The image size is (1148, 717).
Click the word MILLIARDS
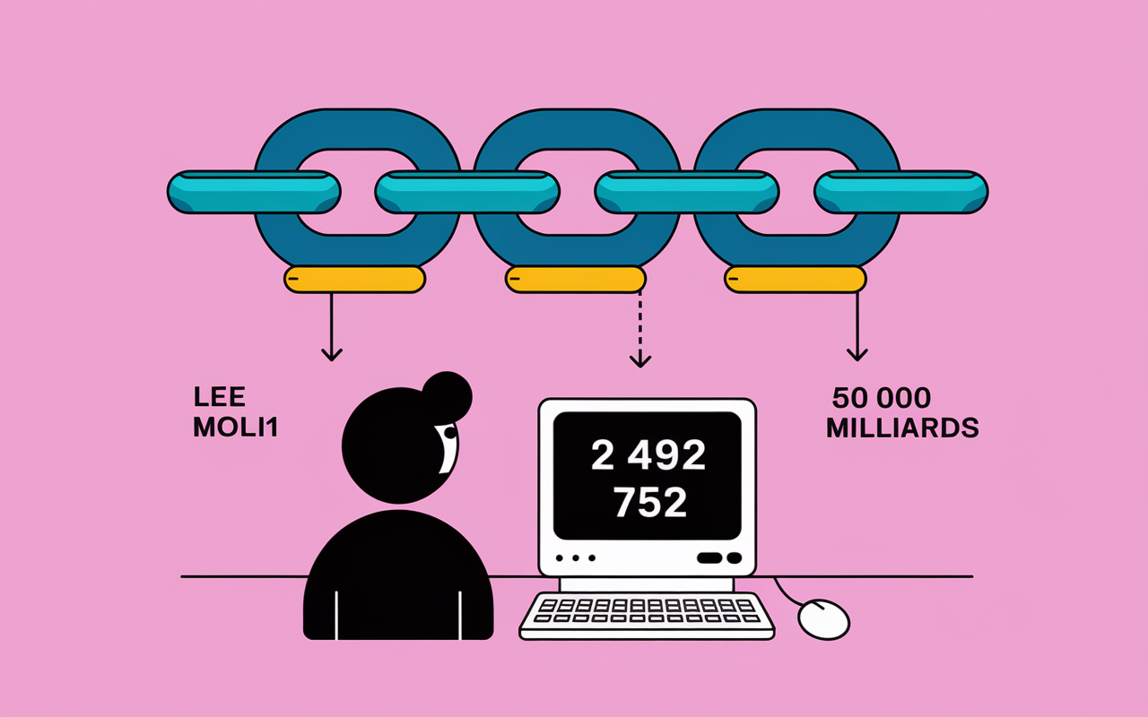pos(902,428)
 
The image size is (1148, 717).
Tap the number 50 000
pos(882,398)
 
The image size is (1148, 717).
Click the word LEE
pos(220,396)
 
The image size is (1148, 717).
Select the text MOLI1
pos(235,427)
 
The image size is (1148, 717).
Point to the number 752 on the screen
pos(650,502)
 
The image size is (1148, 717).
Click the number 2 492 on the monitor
pos(648,454)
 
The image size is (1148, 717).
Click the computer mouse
pos(823,619)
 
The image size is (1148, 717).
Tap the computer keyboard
pos(647,616)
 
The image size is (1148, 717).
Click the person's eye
pos(449,433)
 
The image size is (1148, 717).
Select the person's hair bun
pos(447,395)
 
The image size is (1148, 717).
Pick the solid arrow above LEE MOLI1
pos(332,327)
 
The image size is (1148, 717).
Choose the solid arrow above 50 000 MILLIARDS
pos(857,327)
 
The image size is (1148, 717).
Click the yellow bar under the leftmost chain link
pos(354,280)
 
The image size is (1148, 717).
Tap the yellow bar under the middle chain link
pos(576,280)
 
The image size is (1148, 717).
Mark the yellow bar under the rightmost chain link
pos(796,280)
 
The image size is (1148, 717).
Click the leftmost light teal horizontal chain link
pos(254,192)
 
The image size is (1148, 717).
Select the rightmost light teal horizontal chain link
pos(901,192)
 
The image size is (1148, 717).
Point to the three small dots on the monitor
pos(576,557)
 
